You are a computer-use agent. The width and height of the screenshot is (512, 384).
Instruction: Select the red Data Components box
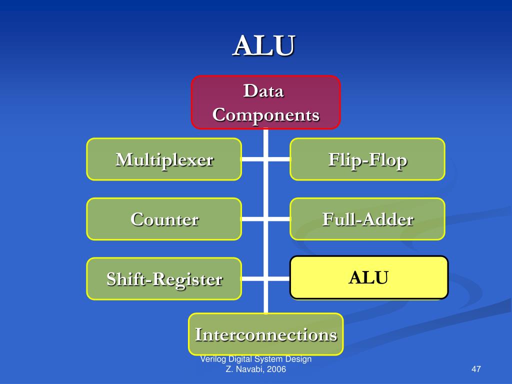(x=265, y=102)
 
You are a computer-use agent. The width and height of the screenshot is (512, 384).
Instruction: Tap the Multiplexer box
(x=164, y=159)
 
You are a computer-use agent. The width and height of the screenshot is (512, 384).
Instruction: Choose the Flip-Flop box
(x=367, y=159)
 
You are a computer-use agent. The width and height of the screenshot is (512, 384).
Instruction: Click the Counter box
(x=164, y=219)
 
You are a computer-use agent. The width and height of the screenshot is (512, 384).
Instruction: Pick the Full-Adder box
(x=367, y=219)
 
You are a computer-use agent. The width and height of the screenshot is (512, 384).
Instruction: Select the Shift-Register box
(x=164, y=279)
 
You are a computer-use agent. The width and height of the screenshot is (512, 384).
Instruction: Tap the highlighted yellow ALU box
(x=368, y=277)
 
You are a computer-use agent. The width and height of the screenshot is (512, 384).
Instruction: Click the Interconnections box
(x=265, y=334)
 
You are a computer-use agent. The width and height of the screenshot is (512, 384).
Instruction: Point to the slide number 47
(x=475, y=369)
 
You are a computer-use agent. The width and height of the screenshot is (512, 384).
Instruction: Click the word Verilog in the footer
(x=211, y=359)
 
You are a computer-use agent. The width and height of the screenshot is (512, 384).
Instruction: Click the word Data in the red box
(x=263, y=91)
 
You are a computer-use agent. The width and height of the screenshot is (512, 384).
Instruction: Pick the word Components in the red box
(x=265, y=115)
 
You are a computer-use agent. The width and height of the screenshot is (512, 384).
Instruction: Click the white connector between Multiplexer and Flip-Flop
(x=265, y=159)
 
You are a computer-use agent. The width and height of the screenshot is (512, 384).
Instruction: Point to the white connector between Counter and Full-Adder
(x=265, y=219)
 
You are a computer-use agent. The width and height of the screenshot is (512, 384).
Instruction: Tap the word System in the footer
(x=270, y=359)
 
